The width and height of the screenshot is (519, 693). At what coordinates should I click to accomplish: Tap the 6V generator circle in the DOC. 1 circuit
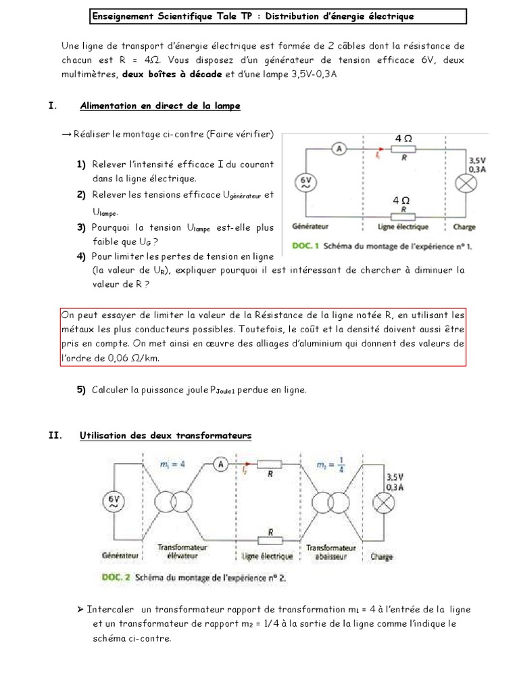coord(305,181)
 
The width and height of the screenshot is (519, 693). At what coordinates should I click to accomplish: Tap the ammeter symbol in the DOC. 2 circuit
coord(218,464)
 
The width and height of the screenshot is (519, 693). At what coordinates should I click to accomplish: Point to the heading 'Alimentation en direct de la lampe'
coord(160,106)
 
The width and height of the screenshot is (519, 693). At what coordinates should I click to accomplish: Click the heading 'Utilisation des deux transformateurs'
coord(166,435)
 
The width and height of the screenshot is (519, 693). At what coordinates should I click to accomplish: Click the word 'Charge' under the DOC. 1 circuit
coord(464,227)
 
